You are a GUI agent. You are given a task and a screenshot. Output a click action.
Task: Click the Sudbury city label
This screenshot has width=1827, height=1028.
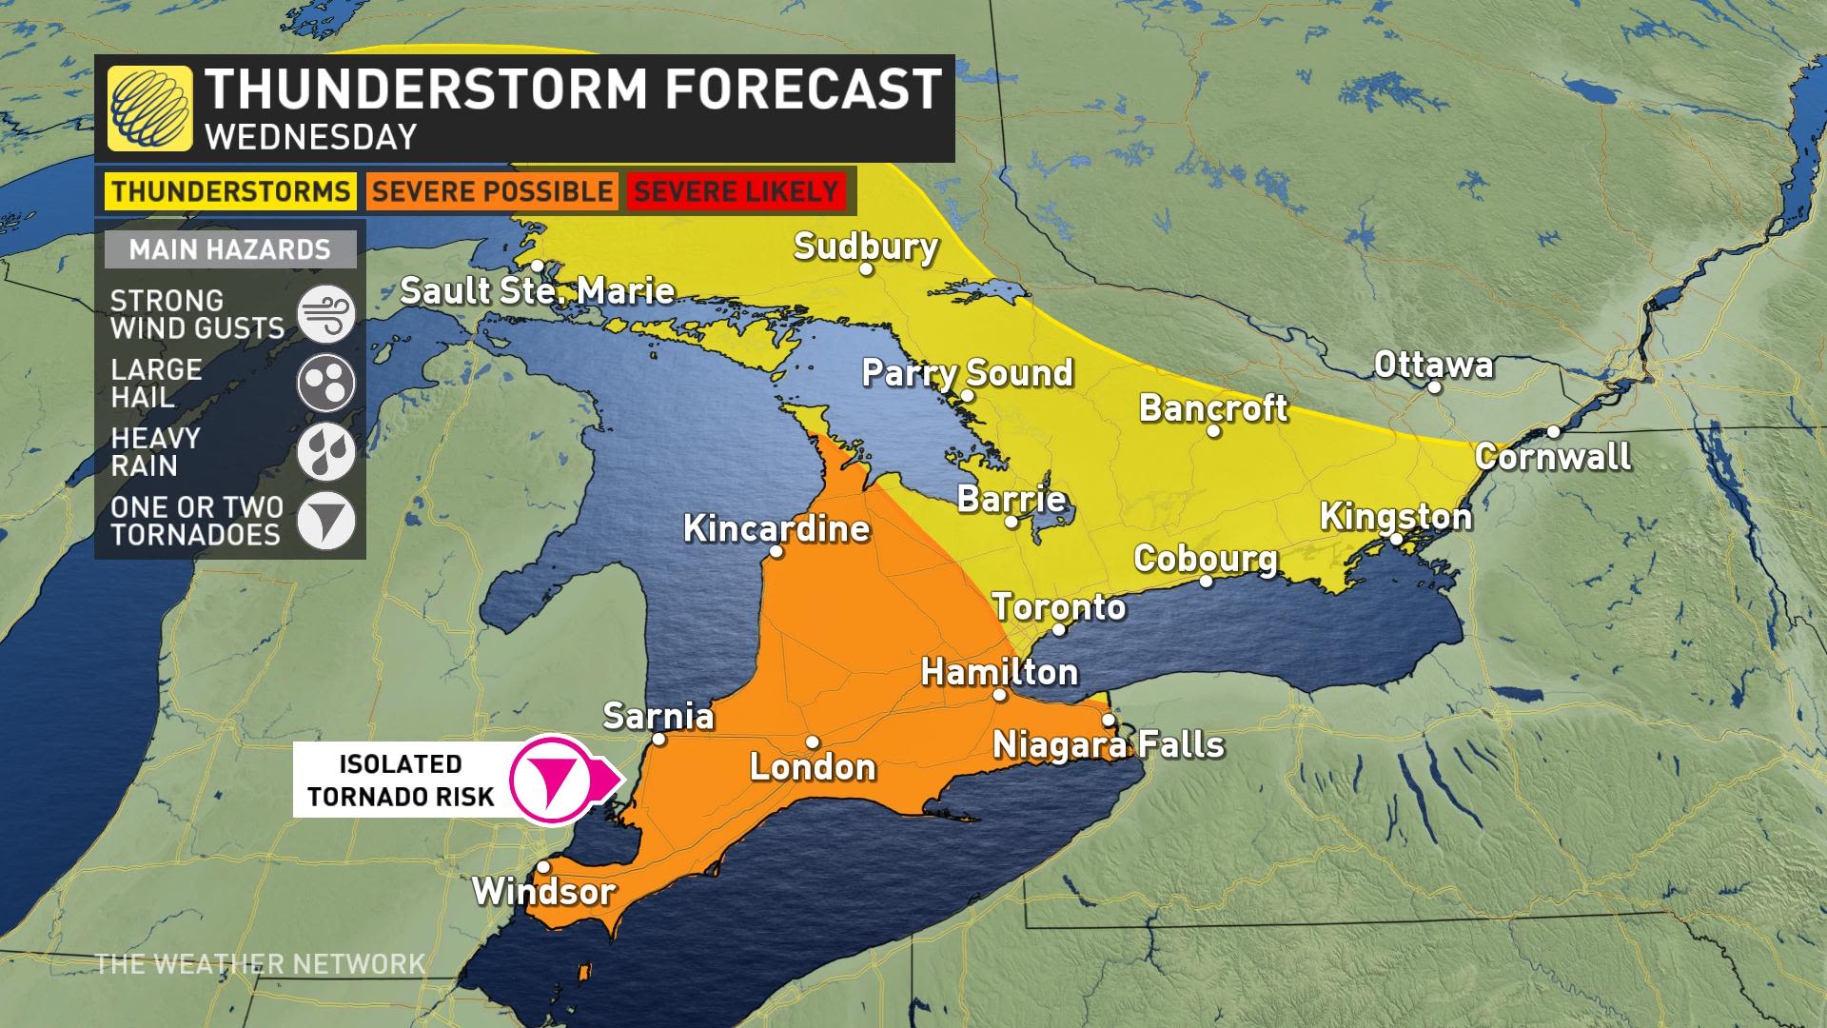click(x=866, y=247)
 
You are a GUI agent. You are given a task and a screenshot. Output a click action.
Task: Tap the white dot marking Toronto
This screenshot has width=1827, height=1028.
click(x=1059, y=629)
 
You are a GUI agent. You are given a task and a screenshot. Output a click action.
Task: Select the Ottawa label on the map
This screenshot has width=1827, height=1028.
click(x=1433, y=365)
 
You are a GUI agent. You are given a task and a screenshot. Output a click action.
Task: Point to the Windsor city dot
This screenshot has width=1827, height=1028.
click(x=542, y=867)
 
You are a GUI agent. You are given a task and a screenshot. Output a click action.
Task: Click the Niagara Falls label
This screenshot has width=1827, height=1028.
click(x=1109, y=743)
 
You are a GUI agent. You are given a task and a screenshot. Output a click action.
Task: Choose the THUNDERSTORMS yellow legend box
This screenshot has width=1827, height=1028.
click(x=229, y=190)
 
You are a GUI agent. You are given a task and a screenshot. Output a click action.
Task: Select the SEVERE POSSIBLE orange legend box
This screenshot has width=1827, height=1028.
click(x=491, y=190)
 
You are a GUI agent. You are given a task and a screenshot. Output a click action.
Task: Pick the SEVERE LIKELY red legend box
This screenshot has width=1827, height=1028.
click(x=736, y=190)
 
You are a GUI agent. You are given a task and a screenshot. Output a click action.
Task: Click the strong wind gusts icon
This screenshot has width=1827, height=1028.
click(x=325, y=314)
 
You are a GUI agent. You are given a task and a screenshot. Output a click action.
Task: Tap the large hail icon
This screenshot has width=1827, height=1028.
click(x=325, y=383)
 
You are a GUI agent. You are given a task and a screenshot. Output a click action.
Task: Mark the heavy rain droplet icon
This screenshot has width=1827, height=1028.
click(x=325, y=452)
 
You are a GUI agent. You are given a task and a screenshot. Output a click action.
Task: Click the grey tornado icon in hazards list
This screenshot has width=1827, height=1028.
click(x=325, y=521)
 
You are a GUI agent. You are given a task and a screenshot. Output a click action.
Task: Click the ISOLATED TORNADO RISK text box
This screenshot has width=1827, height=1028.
click(x=401, y=780)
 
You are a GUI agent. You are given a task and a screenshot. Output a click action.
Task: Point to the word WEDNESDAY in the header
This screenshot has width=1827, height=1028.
click(x=311, y=137)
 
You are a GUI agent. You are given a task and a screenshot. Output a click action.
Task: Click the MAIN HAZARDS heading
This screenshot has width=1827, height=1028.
click(x=229, y=249)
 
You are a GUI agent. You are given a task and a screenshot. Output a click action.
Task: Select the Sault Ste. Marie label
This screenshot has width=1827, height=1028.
click(x=537, y=290)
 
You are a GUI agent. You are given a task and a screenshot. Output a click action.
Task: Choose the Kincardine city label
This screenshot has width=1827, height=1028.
click(x=776, y=529)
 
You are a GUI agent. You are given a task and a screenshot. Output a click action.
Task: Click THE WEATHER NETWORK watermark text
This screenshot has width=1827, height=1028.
click(x=260, y=963)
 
